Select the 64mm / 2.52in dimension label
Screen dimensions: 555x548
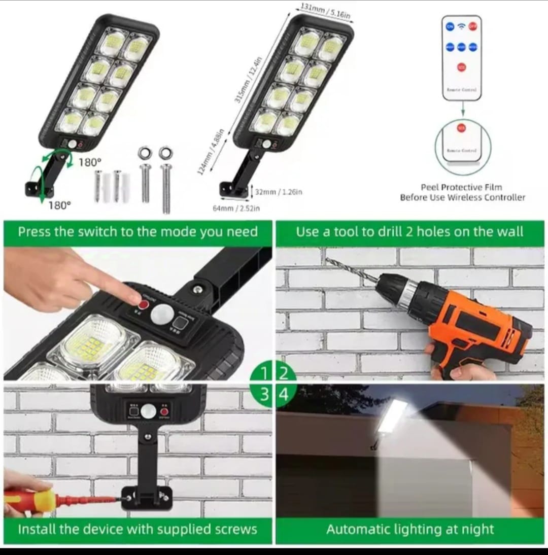coord(236,209)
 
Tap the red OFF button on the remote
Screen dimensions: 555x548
coord(473,27)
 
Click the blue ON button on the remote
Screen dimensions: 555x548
coord(450,27)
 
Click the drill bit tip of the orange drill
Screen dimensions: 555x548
coord(329,260)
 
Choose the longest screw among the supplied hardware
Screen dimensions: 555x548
coord(165,185)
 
